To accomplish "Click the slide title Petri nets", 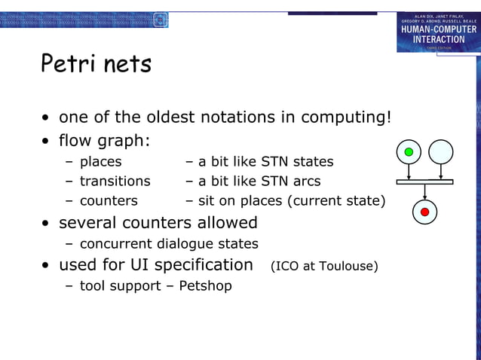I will [x=96, y=65].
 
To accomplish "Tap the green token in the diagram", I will [x=409, y=152].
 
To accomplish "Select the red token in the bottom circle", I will [x=424, y=212].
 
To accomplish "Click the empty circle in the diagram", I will [x=441, y=152].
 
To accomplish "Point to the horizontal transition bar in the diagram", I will [x=424, y=182].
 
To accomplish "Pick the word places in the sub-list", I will [x=100, y=161].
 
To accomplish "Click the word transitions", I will [x=115, y=182].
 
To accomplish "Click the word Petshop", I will [x=205, y=286].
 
